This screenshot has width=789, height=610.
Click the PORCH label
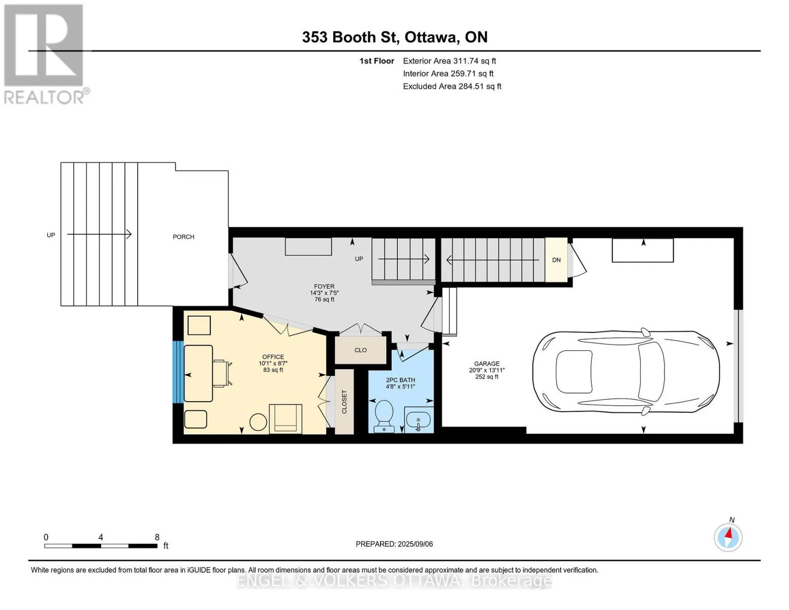pyautogui.click(x=183, y=236)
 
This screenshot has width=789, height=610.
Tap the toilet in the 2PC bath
pyautogui.click(x=384, y=416)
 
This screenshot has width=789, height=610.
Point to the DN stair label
pyautogui.click(x=556, y=260)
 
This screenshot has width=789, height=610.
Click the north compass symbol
pyautogui.click(x=728, y=537)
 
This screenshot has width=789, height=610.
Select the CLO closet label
pyautogui.click(x=361, y=350)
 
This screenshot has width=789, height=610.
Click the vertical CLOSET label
pyautogui.click(x=344, y=402)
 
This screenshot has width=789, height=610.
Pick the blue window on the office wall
pyautogui.click(x=178, y=372)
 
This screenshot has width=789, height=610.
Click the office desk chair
pyautogui.click(x=222, y=373)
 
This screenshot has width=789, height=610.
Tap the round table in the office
pyautogui.click(x=258, y=422)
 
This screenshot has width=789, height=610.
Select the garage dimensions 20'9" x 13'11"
pyautogui.click(x=487, y=370)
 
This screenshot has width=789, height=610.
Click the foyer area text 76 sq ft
pyautogui.click(x=324, y=299)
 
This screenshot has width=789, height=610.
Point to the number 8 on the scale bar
pyautogui.click(x=157, y=537)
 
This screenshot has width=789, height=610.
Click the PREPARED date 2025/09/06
pyautogui.click(x=415, y=544)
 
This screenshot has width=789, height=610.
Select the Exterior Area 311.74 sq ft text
pyautogui.click(x=449, y=61)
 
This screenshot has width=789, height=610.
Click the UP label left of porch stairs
pyautogui.click(x=51, y=235)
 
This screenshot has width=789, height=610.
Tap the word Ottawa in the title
pyautogui.click(x=430, y=37)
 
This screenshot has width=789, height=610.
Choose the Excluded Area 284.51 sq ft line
pyautogui.click(x=452, y=86)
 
